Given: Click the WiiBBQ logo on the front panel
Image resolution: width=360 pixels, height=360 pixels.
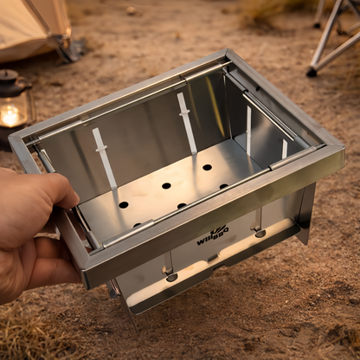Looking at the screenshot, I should (212, 235).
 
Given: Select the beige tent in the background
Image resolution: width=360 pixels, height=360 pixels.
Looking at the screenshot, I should (31, 26).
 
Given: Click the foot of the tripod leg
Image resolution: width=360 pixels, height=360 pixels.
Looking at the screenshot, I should (312, 73).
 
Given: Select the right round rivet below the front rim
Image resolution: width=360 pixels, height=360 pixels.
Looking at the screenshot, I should (260, 233).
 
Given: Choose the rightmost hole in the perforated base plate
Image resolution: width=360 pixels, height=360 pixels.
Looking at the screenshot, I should (223, 186).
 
